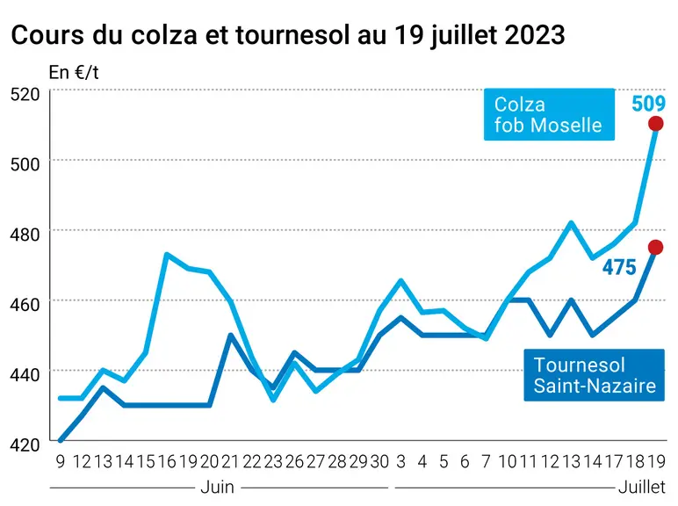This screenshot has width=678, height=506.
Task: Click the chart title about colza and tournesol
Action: point(288,35)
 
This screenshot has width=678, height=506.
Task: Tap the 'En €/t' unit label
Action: point(74,73)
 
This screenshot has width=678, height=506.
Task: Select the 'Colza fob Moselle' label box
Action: point(549,114)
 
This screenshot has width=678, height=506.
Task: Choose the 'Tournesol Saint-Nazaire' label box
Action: point(594,375)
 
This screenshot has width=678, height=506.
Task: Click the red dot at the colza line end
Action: point(655,124)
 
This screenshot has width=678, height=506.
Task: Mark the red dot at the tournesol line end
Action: point(655,248)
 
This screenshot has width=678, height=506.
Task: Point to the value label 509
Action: point(648,104)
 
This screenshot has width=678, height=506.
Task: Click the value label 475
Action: point(619,267)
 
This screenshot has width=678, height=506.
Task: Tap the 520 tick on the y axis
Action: point(25,94)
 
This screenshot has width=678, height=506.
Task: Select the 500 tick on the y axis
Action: point(25,164)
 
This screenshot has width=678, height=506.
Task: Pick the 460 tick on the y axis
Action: point(25,305)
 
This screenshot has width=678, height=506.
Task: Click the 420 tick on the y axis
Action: point(25,445)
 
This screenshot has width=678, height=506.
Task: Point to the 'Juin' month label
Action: point(218,488)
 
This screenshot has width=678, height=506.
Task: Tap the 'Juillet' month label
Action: point(642,488)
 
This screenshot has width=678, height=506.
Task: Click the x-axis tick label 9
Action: point(61,462)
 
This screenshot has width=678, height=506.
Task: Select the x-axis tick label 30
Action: point(379,462)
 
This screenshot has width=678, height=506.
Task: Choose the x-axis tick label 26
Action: point(294,462)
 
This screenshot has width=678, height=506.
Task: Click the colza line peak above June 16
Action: point(167,254)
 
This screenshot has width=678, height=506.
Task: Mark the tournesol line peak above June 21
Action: point(231,335)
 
